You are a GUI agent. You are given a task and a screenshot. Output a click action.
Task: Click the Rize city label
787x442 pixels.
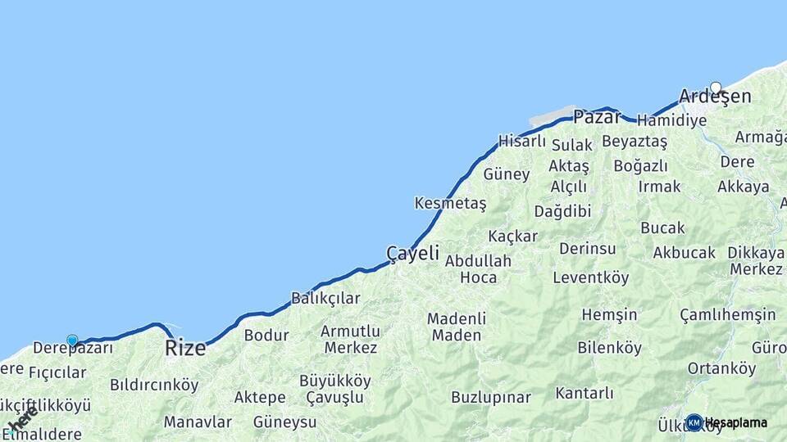pos(185,347)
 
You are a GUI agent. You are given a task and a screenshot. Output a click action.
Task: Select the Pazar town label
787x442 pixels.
pos(597,116)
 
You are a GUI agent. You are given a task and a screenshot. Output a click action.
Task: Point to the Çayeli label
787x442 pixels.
pos(412,253)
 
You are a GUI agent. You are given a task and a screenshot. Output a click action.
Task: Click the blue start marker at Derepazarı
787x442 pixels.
pos(72,341)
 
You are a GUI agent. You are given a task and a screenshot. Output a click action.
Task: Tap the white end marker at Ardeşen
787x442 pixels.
pos(716,88)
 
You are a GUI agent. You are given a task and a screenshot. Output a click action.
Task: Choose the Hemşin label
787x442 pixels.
pos(609,314)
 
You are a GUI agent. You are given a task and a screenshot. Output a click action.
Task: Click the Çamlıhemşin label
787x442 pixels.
pos(727,314)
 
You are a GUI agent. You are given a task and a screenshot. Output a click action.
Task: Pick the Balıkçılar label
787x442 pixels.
pos(325,298)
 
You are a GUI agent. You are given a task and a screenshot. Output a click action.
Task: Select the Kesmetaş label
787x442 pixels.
pos(450,203)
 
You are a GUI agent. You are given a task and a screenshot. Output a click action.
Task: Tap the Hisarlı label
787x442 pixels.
pos(522,141)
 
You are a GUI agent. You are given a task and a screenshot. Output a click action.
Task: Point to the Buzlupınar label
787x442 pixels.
pos(491,397)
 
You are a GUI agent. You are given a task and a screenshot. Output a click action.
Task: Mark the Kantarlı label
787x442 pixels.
pos(584,393)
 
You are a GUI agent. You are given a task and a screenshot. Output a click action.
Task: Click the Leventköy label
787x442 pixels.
pos(590,277)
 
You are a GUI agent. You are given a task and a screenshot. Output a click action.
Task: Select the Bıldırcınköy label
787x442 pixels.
pos(154,384)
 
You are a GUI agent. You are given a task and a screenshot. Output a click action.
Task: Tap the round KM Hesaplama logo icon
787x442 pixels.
pos(694,422)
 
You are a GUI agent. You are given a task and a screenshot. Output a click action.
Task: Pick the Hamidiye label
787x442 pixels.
pos(671,120)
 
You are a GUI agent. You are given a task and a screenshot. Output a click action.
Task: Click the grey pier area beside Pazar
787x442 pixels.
pos(553,116)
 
